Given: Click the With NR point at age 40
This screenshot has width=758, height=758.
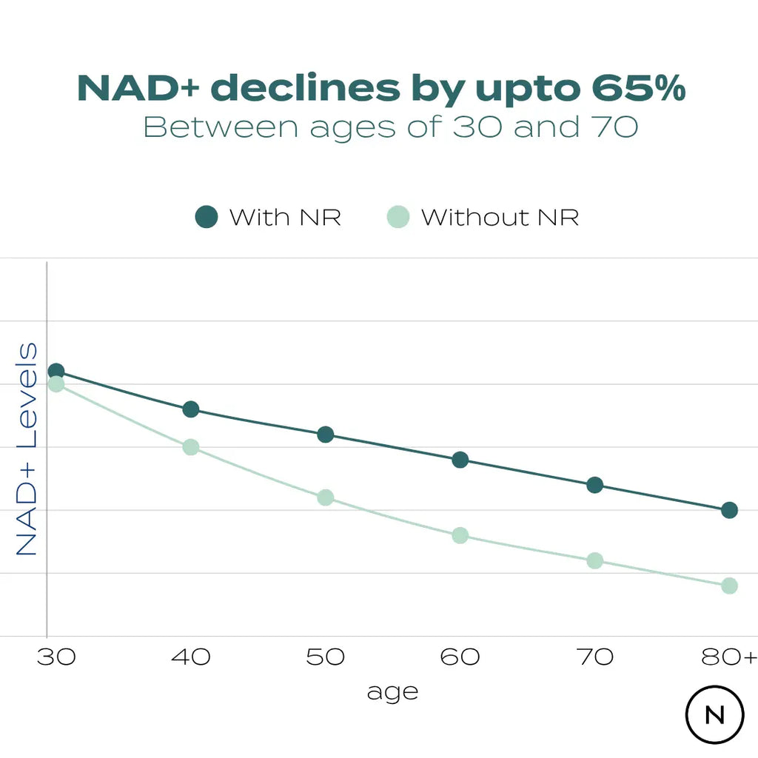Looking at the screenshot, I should pos(191,409).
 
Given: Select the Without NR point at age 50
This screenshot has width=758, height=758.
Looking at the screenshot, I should pos(326,497).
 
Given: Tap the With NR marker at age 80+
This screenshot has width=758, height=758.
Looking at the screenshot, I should pos(729,510).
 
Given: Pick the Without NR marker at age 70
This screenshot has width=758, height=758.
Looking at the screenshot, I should pos(594,560).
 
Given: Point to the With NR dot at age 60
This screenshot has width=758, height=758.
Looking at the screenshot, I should pos(460,460).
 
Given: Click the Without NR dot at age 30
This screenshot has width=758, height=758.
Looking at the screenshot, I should pos(56,384).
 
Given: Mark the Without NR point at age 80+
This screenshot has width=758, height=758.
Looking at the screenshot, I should pos(729,586).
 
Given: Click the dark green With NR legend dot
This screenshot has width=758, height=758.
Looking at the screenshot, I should pos(207,218).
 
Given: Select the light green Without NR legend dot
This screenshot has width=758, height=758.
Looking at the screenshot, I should pos(398,218).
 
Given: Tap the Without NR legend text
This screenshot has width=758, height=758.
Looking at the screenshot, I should pos(500,218).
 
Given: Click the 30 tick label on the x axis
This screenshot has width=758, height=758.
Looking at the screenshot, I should pos(56,657).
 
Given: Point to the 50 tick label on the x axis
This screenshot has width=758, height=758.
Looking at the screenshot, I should pos(326,657).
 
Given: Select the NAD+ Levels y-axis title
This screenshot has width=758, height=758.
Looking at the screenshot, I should pos(27,449).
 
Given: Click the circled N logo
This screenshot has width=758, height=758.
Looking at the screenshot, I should pos(714,715).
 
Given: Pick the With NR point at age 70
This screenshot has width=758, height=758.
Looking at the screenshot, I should pos(594,485).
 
